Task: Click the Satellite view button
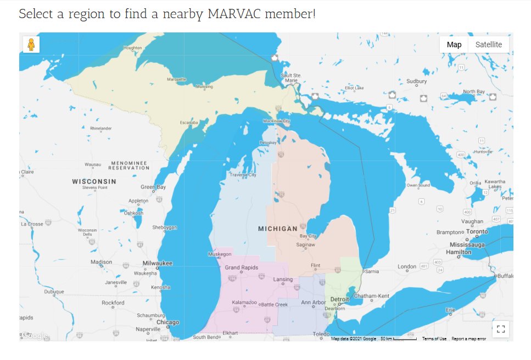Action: click(x=488, y=45)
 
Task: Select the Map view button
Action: click(x=454, y=45)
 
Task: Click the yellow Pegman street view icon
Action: click(x=31, y=45)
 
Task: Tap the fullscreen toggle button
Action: click(x=500, y=329)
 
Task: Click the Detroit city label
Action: click(x=339, y=299)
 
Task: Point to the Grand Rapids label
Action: click(x=242, y=268)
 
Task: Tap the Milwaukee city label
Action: click(x=157, y=263)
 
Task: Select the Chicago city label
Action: click(x=167, y=322)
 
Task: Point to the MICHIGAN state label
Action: click(x=278, y=228)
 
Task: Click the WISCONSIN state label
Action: click(x=94, y=181)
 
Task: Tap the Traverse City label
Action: click(x=243, y=175)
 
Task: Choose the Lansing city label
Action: click(x=283, y=280)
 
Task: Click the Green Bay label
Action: click(x=153, y=187)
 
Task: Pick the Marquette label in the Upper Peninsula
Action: click(x=176, y=79)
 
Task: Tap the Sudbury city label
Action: click(x=416, y=81)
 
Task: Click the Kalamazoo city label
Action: click(x=244, y=302)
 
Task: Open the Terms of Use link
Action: click(x=434, y=339)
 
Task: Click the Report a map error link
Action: click(x=468, y=339)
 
